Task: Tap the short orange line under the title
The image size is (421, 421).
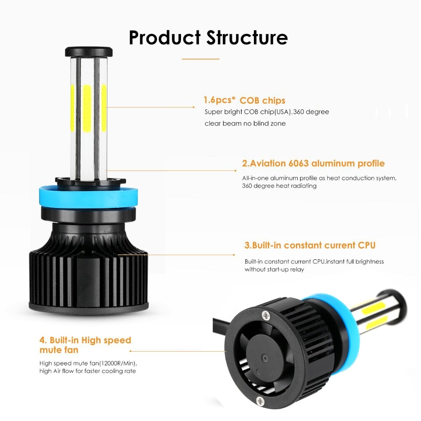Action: [200, 59]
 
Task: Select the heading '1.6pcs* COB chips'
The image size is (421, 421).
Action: [244, 100]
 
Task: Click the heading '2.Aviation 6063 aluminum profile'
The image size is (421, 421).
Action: [313, 163]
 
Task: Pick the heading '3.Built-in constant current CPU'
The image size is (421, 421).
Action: [310, 245]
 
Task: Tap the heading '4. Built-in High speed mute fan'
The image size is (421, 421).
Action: [85, 345]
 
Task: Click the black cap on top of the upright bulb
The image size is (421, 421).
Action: [89, 52]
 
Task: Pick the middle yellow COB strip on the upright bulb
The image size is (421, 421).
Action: [87, 107]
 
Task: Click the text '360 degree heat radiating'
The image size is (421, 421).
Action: [279, 186]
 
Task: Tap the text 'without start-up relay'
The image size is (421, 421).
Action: [274, 269]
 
